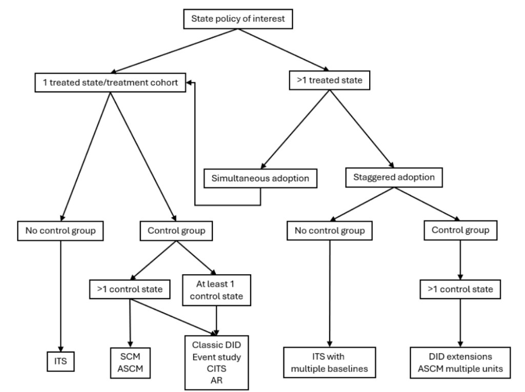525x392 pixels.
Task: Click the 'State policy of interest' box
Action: tap(238, 19)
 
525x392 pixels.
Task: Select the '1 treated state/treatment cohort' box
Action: tap(110, 82)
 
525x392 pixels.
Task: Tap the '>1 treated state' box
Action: tap(330, 80)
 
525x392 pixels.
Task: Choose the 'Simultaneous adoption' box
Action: tap(260, 178)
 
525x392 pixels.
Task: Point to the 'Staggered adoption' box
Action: tap(394, 177)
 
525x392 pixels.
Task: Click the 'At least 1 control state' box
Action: tap(216, 290)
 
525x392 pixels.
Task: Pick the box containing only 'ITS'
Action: tap(60, 361)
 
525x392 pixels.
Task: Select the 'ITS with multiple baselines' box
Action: tap(330, 363)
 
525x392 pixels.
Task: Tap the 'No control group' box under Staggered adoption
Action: tap(330, 231)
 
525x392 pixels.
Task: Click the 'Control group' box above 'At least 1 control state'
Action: tap(176, 231)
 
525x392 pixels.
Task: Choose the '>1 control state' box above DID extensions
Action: tap(460, 289)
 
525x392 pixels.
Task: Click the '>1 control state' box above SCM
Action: tap(130, 289)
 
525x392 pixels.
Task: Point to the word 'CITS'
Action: tap(217, 368)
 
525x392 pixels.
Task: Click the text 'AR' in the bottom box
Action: tap(217, 380)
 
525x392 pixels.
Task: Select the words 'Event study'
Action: tap(217, 357)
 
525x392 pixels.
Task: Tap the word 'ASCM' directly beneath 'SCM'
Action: tap(130, 368)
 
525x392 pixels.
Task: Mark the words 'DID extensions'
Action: tap(460, 357)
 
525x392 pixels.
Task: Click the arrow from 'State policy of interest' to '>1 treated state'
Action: tap(284, 50)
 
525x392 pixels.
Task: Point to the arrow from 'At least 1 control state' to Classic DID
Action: tap(216, 321)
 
